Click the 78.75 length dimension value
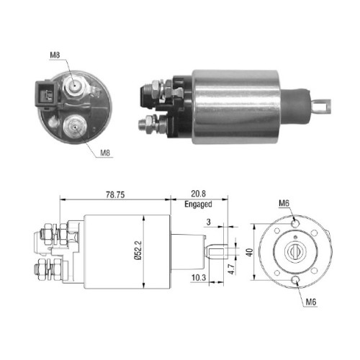pyautogui.click(x=115, y=194)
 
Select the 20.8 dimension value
pyautogui.click(x=198, y=194)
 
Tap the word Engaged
pyautogui.click(x=198, y=204)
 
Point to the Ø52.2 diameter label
pyautogui.click(x=138, y=251)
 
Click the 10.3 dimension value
pyautogui.click(x=199, y=278)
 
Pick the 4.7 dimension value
pyautogui.click(x=231, y=269)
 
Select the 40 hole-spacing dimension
pyautogui.click(x=250, y=253)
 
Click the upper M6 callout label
pyautogui.click(x=284, y=204)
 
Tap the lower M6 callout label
pyautogui.click(x=311, y=302)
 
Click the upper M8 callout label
pyautogui.click(x=55, y=55)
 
